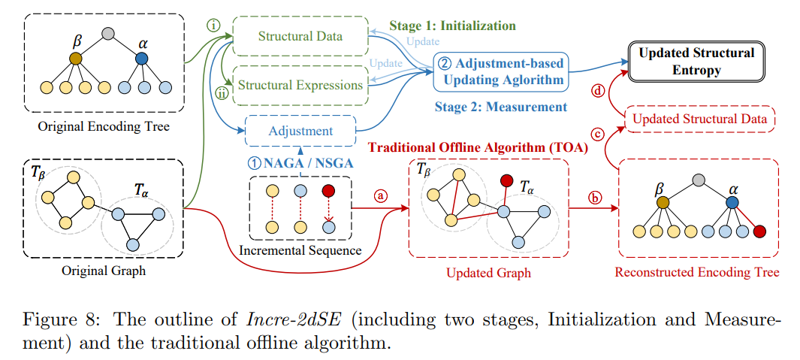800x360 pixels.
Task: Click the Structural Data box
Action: click(300, 36)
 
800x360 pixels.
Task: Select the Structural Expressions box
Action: click(300, 84)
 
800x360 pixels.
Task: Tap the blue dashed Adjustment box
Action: click(300, 131)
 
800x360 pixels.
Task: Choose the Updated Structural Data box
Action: click(699, 119)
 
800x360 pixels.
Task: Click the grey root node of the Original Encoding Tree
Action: click(108, 33)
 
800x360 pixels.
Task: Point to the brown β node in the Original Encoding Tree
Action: click(75, 58)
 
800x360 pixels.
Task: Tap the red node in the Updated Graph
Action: click(507, 181)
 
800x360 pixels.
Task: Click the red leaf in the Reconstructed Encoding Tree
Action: click(759, 231)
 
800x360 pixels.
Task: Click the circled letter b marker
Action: click(595, 198)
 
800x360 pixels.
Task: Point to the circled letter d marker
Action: click(598, 92)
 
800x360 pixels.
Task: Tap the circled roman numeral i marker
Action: click(213, 24)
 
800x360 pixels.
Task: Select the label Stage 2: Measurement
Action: click(501, 107)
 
